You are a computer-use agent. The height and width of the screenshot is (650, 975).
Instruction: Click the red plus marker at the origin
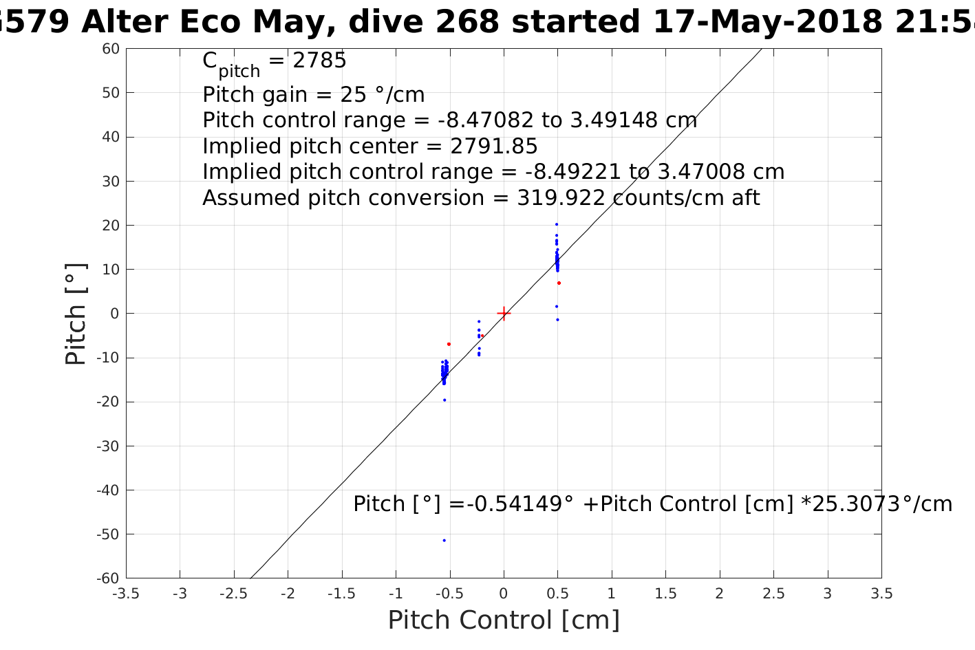(x=504, y=314)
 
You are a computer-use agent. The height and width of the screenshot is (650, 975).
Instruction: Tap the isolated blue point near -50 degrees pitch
(x=444, y=540)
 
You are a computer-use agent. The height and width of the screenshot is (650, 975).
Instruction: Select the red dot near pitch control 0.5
(x=559, y=283)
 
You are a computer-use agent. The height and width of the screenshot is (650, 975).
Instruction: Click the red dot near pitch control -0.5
(x=449, y=344)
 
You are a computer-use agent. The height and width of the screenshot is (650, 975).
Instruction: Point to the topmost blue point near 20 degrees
(x=557, y=224)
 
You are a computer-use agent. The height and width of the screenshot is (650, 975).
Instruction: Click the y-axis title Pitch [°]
(x=76, y=314)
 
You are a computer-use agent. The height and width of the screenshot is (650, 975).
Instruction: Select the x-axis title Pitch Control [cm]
(x=504, y=620)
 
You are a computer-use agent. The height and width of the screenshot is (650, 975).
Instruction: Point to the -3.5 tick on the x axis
(x=126, y=594)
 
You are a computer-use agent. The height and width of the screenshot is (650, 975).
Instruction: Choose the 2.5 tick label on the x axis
(x=773, y=594)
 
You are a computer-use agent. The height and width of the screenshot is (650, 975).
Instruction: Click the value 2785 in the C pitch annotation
(x=319, y=61)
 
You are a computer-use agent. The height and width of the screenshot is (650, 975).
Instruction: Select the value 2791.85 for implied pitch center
(x=494, y=147)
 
